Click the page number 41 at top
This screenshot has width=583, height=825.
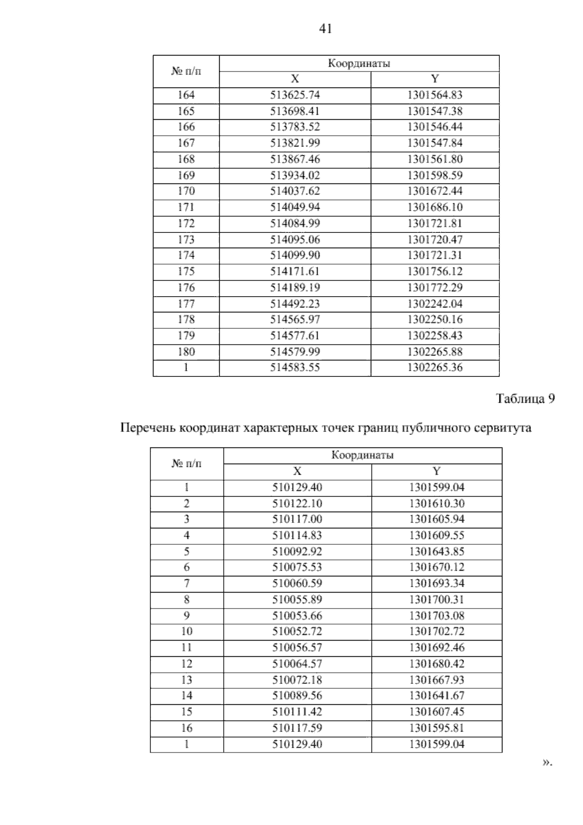tap(326, 29)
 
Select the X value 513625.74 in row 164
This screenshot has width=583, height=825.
tap(295, 95)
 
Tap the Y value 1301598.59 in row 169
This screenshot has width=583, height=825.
tap(435, 176)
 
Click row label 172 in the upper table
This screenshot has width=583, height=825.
tap(186, 224)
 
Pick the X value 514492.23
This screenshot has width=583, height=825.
tap(295, 304)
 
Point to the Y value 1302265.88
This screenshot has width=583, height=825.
tap(435, 352)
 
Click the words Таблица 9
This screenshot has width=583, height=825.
tap(525, 399)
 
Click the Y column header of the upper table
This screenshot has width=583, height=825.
tap(435, 79)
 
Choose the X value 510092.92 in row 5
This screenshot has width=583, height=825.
tap(297, 552)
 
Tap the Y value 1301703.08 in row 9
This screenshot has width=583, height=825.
tap(437, 616)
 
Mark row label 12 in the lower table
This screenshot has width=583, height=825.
tap(187, 664)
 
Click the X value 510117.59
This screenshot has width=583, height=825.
tap(297, 728)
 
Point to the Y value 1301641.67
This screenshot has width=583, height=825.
tap(437, 696)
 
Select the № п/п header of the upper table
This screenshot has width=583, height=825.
tap(186, 72)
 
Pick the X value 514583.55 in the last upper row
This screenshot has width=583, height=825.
tap(295, 368)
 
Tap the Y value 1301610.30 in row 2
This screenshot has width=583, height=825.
tap(437, 503)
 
